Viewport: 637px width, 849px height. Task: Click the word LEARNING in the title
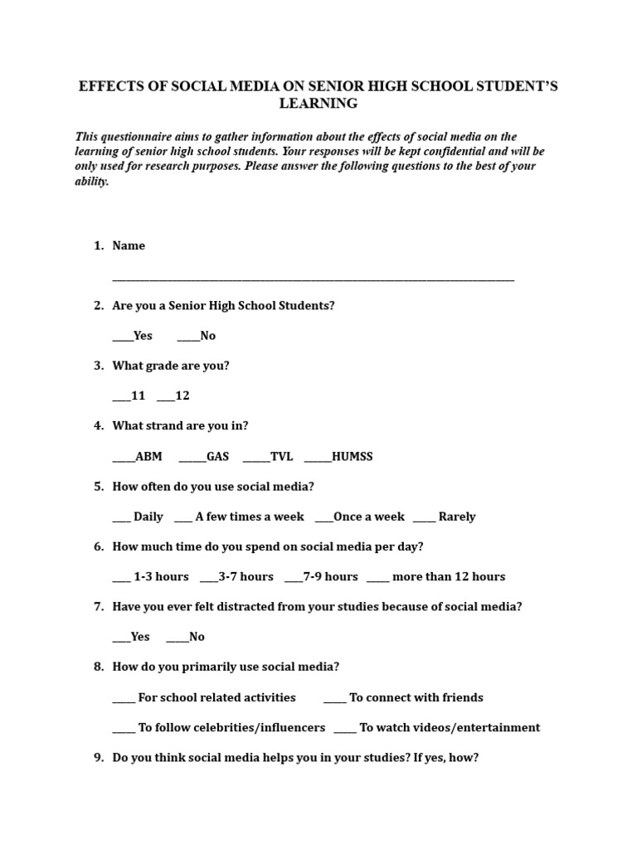318,104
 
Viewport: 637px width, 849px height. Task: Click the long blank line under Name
313,280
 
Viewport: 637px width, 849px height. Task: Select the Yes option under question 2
133,336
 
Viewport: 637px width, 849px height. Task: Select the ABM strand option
138,457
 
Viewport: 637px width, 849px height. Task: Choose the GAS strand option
204,457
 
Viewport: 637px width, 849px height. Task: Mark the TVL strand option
268,457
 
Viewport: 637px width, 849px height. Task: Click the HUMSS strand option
338,457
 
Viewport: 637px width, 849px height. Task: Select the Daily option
138,517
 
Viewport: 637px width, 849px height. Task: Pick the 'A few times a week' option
240,517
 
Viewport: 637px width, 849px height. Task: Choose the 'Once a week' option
359,517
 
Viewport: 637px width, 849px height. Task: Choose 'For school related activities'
204,697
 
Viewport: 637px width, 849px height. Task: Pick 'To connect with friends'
403,697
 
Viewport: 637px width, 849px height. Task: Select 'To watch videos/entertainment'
437,728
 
